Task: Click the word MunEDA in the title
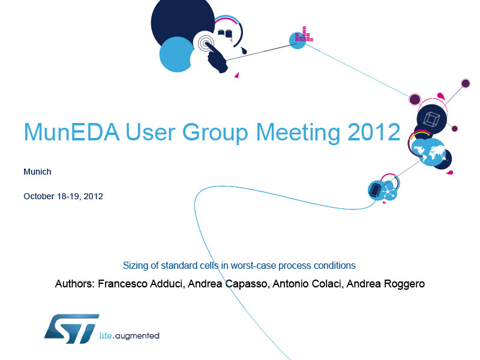click(x=71, y=132)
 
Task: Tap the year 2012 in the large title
click(x=374, y=132)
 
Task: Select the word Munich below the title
click(x=37, y=172)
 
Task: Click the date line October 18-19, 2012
click(x=64, y=196)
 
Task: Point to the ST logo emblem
click(x=72, y=328)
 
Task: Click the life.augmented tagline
click(x=129, y=336)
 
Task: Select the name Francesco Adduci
click(x=140, y=284)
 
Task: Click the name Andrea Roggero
click(x=386, y=284)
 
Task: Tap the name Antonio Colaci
click(x=307, y=284)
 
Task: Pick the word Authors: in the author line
click(x=75, y=284)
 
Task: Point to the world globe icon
click(x=428, y=152)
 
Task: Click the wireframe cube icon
click(x=431, y=119)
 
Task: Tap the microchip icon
click(x=376, y=190)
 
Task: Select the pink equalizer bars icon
click(x=304, y=34)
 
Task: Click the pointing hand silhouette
click(x=216, y=58)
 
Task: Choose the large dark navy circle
click(x=183, y=22)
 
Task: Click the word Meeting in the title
click(x=298, y=133)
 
